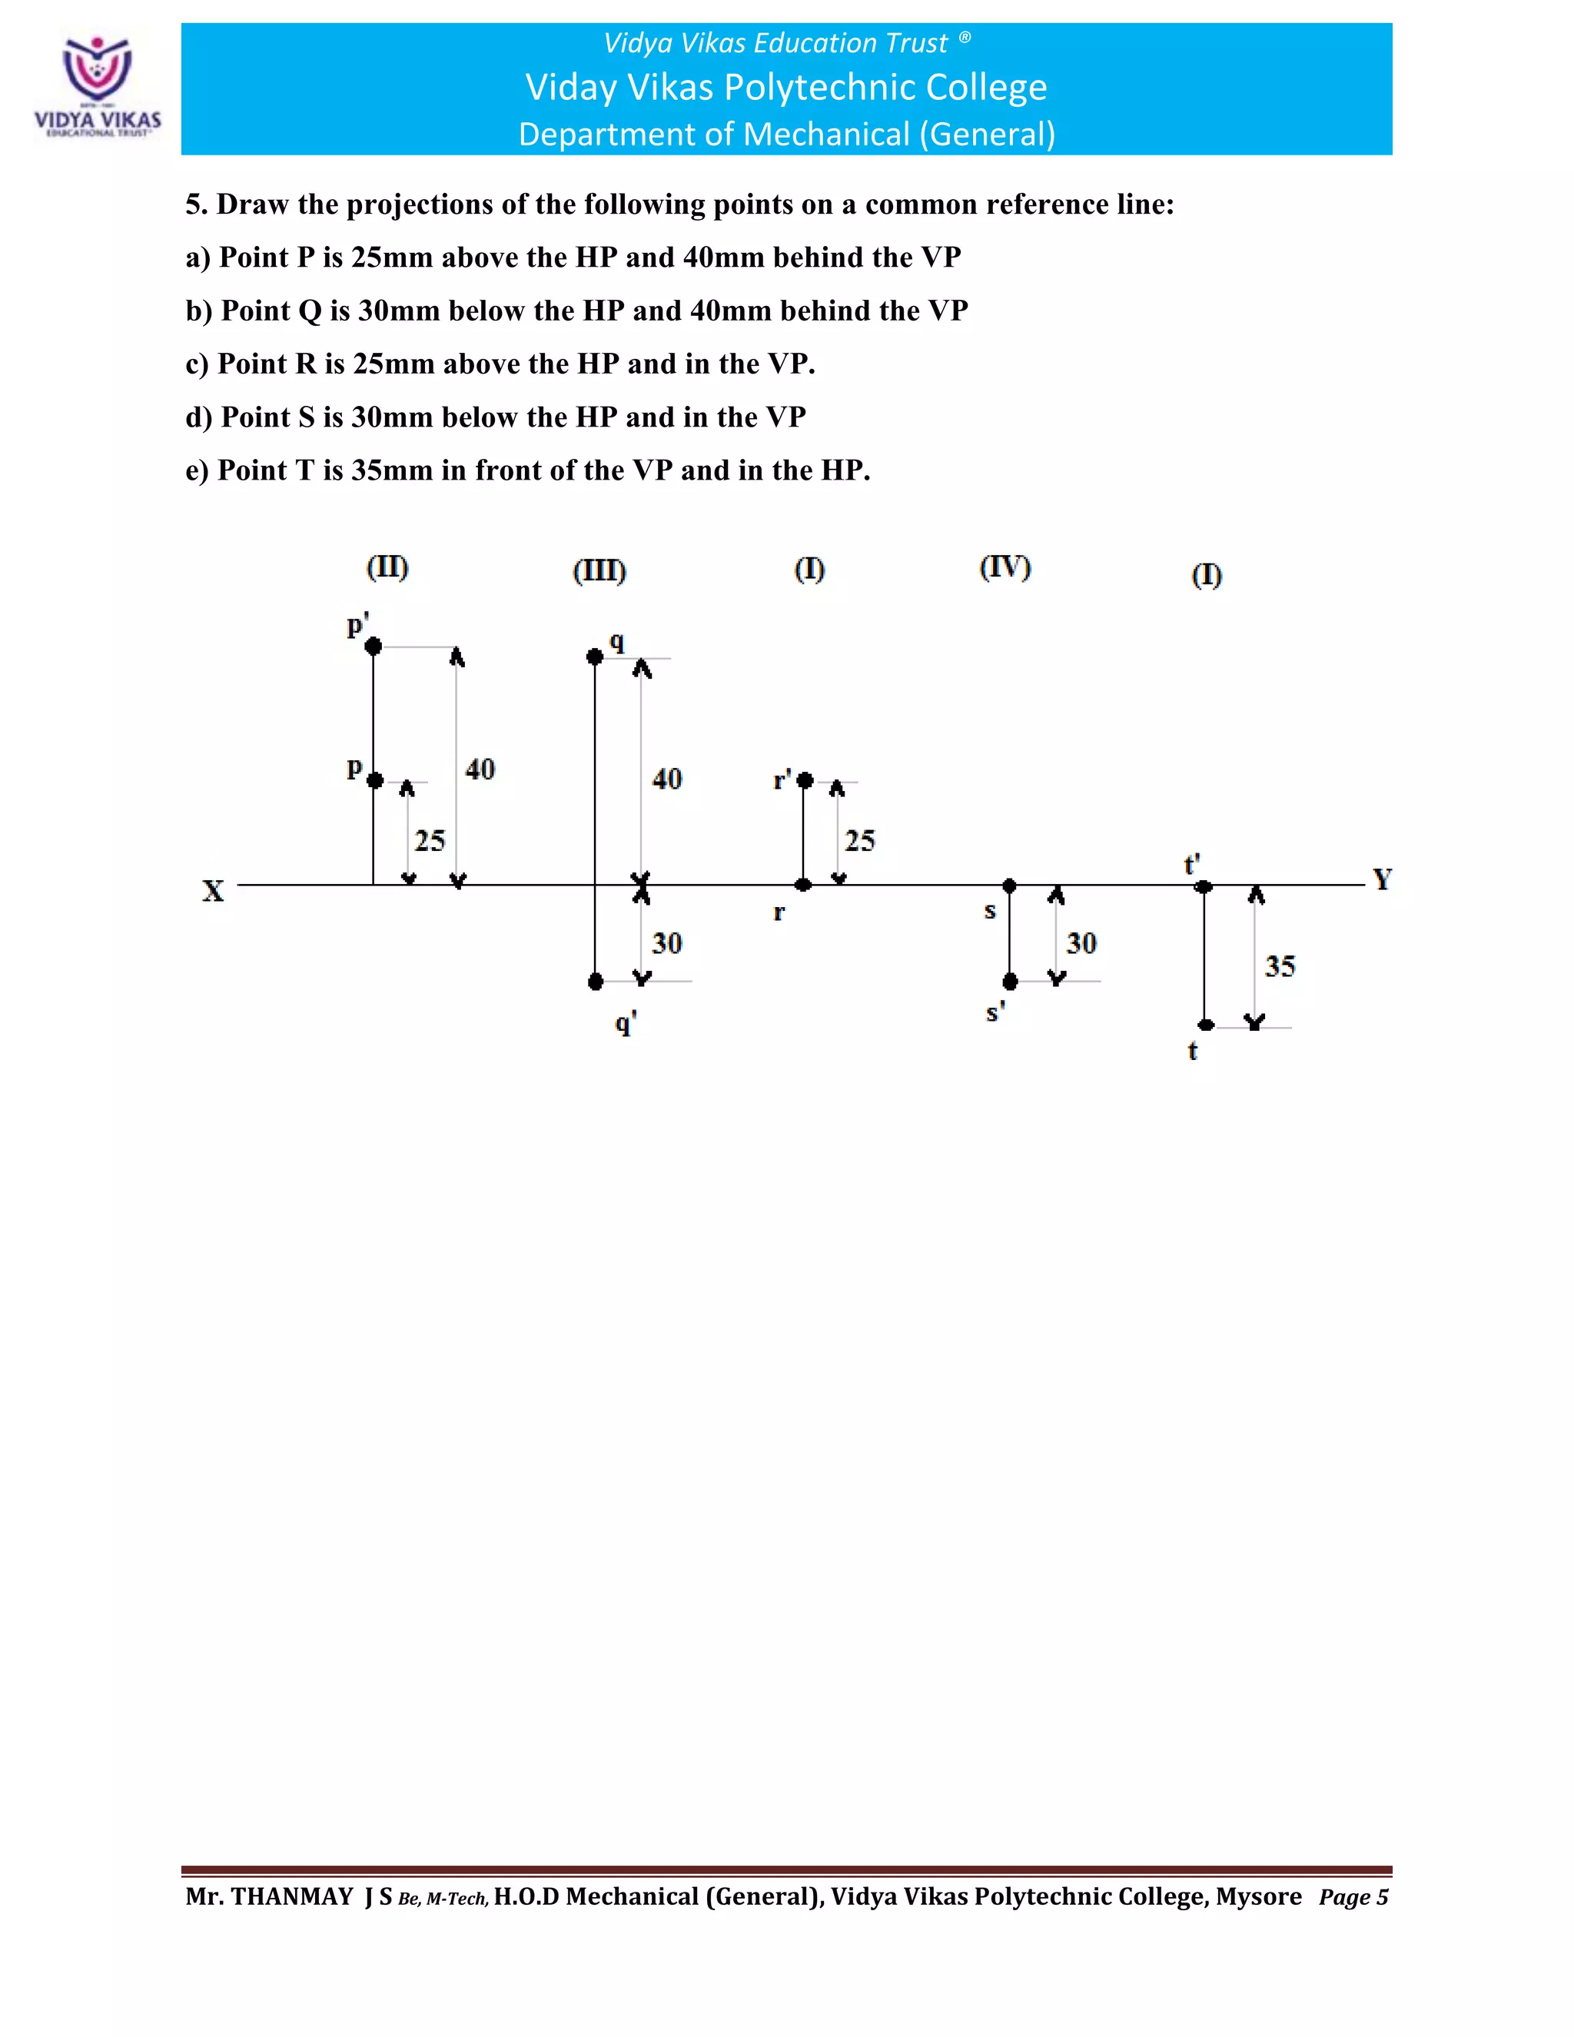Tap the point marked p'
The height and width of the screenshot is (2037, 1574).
pyautogui.click(x=373, y=646)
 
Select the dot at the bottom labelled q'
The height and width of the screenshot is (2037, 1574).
pyautogui.click(x=596, y=981)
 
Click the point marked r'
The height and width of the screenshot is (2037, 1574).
pyautogui.click(x=805, y=779)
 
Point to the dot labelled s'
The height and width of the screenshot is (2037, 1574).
pyautogui.click(x=1010, y=981)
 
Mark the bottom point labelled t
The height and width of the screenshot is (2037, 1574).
pyautogui.click(x=1206, y=1025)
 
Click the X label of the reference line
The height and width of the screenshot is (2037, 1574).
pyautogui.click(x=214, y=891)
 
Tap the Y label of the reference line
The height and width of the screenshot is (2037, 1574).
pyautogui.click(x=1382, y=879)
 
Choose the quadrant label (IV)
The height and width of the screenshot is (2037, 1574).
pyautogui.click(x=1005, y=567)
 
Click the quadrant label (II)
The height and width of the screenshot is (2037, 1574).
pyautogui.click(x=387, y=567)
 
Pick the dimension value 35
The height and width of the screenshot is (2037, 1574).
pyautogui.click(x=1280, y=966)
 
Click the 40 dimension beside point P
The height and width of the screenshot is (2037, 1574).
pyautogui.click(x=480, y=769)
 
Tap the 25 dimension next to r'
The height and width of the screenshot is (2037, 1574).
pyautogui.click(x=860, y=840)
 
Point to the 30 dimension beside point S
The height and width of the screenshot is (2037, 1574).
pyautogui.click(x=1081, y=943)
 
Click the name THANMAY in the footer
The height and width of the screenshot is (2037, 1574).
pyautogui.click(x=292, y=1896)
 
